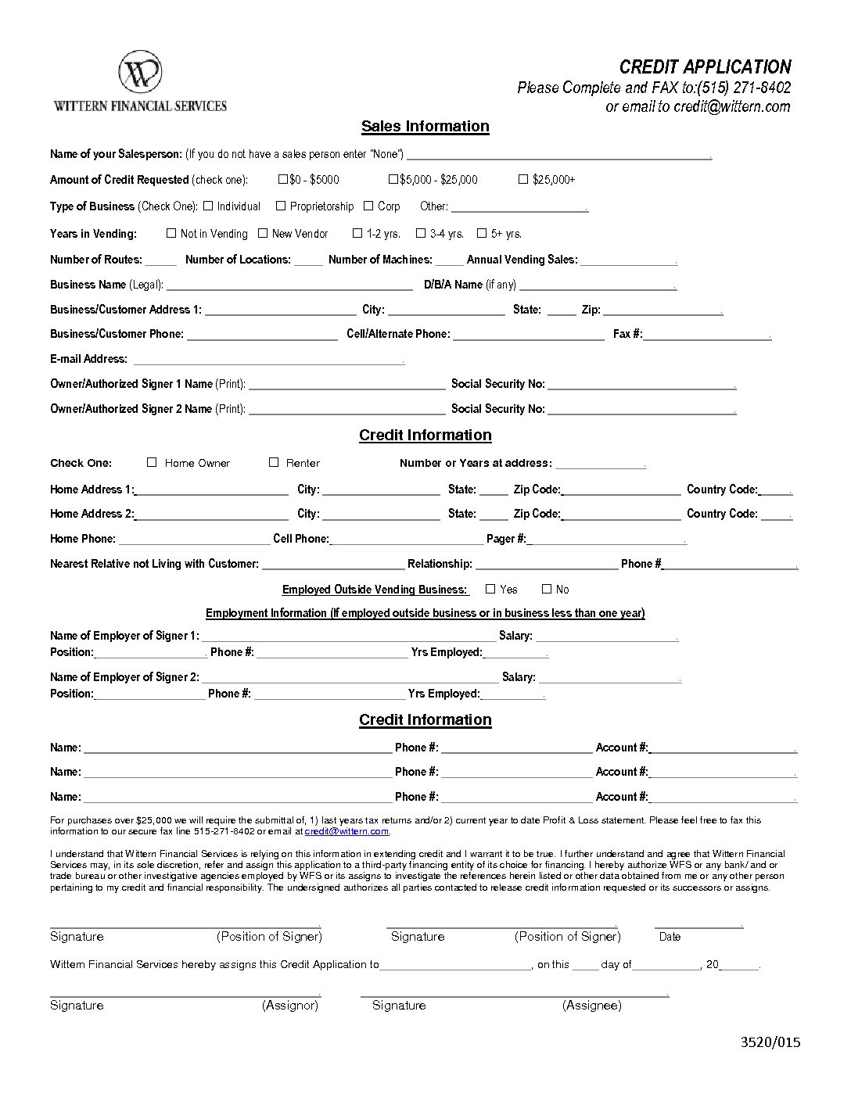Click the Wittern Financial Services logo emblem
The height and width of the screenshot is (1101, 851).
pos(140,74)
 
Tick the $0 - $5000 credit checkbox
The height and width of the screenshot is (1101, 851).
pos(283,179)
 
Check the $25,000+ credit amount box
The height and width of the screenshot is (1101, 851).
pos(523,179)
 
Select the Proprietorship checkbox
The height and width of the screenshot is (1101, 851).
pos(281,206)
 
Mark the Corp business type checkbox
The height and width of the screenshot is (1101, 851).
pos(368,206)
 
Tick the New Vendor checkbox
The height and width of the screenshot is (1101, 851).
pos(263,233)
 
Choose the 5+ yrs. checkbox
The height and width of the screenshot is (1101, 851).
pos(482,233)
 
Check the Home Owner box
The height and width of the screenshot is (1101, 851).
pos(152,462)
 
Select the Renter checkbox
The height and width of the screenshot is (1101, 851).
pos(274,462)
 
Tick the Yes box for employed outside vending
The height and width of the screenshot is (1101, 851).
pos(490,589)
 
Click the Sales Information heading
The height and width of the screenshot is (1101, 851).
pos(425,127)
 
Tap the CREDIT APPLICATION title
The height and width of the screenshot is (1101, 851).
pos(705,67)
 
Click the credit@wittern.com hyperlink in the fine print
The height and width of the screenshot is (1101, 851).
pos(347,831)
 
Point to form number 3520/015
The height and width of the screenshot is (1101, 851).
pos(770,1042)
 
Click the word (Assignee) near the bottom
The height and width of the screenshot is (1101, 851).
pos(591,1006)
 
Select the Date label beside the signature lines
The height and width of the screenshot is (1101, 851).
pos(670,937)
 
